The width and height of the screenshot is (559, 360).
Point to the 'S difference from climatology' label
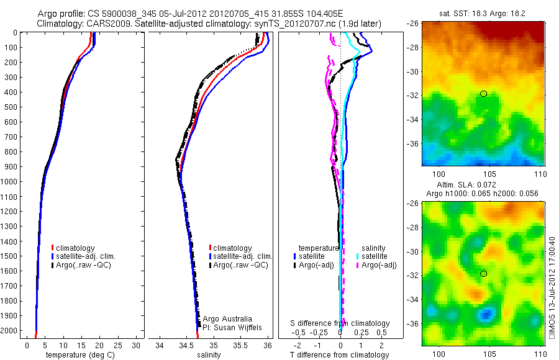pos(340,323)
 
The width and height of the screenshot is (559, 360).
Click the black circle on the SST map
pos(483,94)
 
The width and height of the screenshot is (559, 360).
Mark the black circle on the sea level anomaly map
pos(483,274)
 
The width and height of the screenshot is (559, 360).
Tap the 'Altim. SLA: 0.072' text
pos(482,186)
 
